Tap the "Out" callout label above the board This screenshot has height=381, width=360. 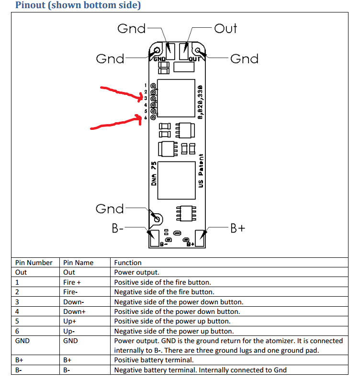click(225, 28)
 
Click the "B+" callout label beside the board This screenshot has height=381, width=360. click(238, 228)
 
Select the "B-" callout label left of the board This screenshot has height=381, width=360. click(118, 228)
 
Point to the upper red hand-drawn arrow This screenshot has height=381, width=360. click(122, 93)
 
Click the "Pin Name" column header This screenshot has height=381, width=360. click(79, 263)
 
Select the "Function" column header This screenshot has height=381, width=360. click(128, 263)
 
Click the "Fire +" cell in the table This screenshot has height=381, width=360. click(72, 282)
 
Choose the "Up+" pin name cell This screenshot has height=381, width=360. click(70, 321)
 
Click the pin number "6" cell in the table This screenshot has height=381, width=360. click(17, 331)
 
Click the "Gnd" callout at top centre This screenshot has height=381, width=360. click(131, 28)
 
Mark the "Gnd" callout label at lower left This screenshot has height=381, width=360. click(110, 208)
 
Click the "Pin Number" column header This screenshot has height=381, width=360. click(34, 263)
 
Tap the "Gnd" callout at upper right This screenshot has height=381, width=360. click(244, 58)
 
